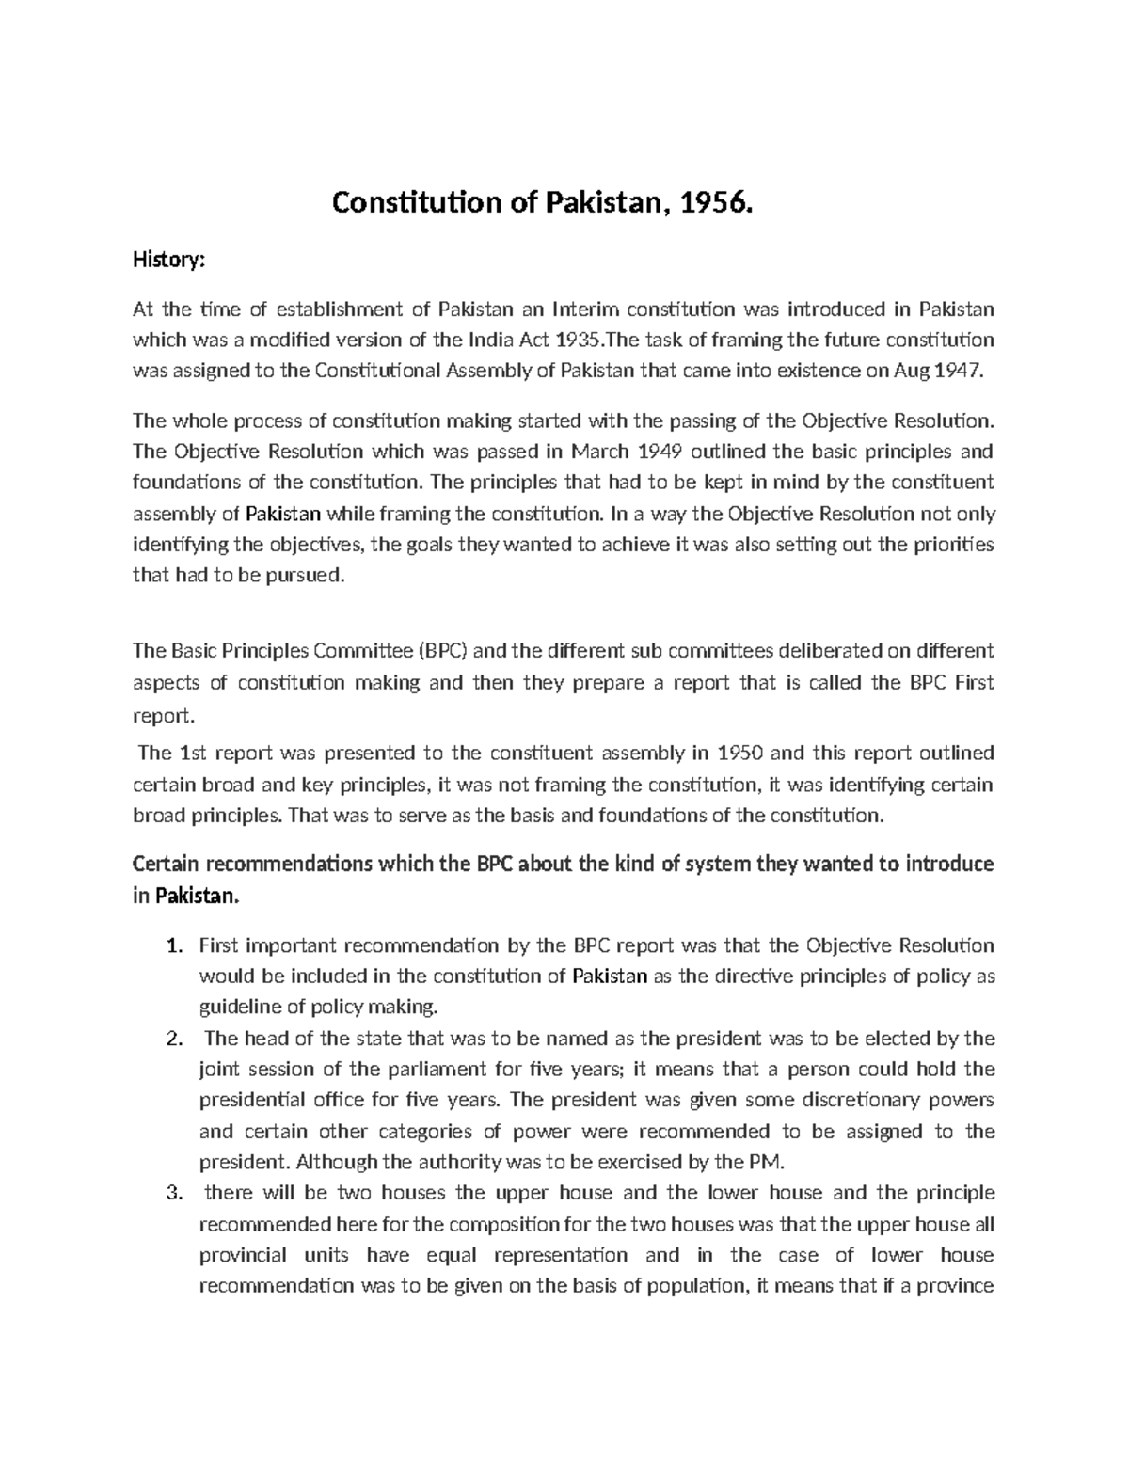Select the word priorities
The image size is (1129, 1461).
pos(956,545)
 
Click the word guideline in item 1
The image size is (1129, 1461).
pos(239,1008)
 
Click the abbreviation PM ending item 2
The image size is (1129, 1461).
pos(769,1162)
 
